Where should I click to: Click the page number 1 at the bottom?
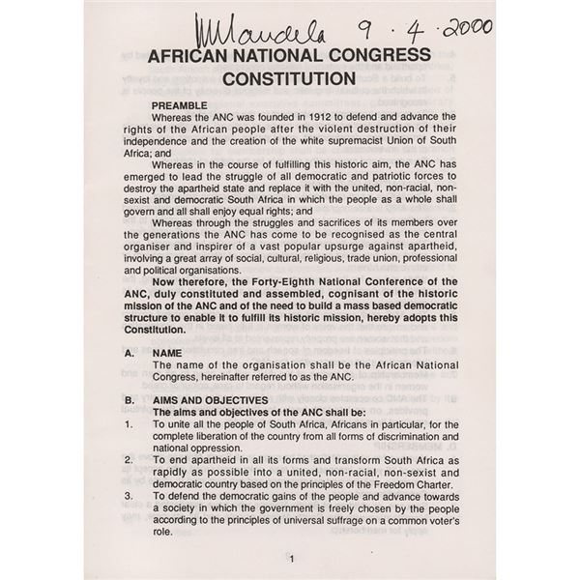coord(290,559)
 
